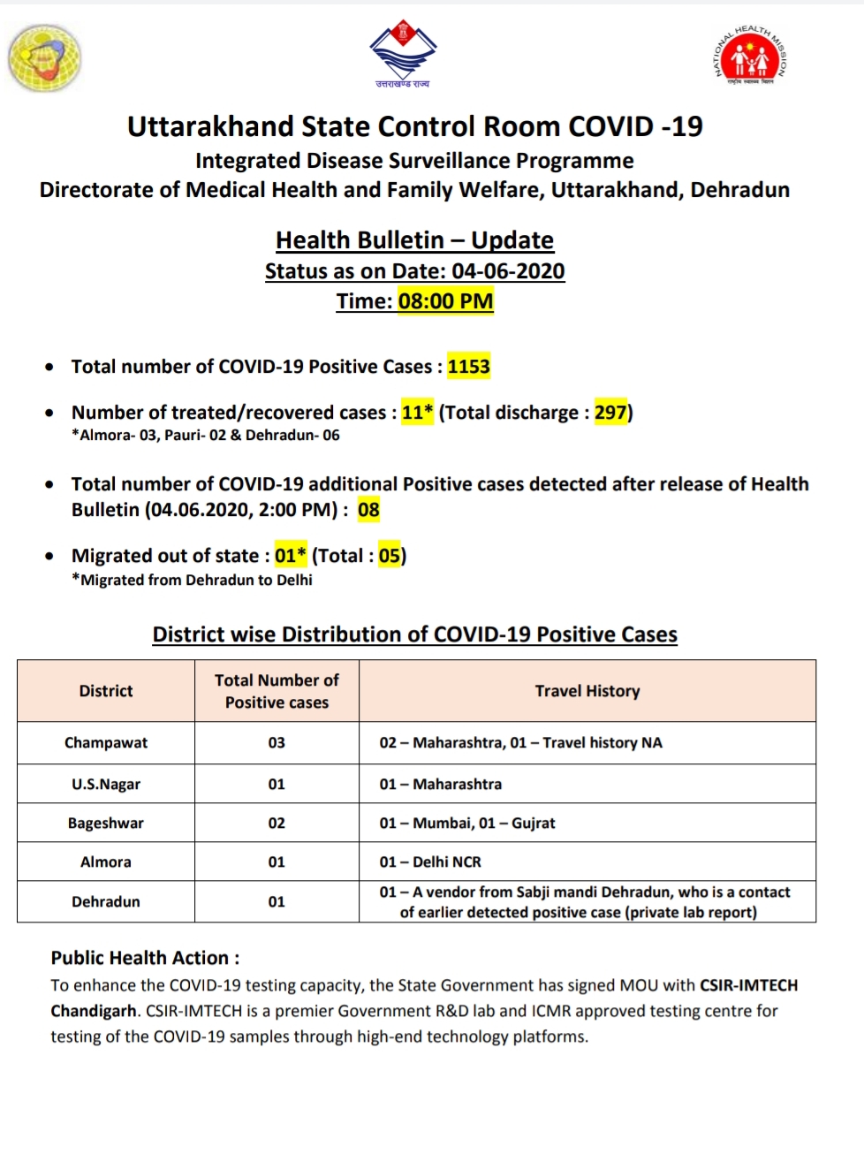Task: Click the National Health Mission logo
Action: click(750, 57)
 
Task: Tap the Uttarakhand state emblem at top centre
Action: click(403, 53)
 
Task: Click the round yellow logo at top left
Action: click(44, 57)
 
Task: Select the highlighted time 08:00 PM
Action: click(445, 301)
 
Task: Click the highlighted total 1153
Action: click(468, 367)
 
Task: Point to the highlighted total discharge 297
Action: click(610, 413)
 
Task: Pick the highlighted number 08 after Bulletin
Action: click(368, 510)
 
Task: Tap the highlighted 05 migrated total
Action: click(390, 556)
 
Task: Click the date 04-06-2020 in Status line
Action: click(508, 271)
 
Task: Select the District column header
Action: click(106, 691)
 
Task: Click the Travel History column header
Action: click(587, 691)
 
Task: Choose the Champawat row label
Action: click(106, 743)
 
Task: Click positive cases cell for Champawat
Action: click(277, 743)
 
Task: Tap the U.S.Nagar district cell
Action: click(106, 785)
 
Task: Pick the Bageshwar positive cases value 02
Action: click(277, 824)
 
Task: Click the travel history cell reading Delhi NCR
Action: click(431, 862)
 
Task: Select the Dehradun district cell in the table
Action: click(106, 902)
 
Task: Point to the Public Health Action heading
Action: click(145, 958)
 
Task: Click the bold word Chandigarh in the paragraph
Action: click(94, 1011)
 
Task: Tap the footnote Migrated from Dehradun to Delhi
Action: click(196, 581)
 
